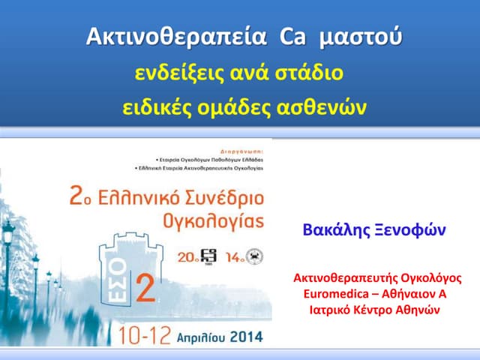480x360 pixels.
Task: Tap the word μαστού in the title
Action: (360, 36)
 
